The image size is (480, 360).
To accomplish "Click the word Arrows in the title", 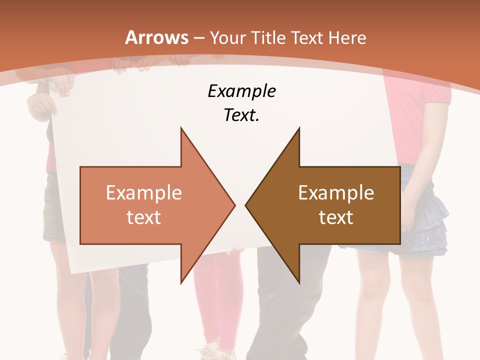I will point(157,37).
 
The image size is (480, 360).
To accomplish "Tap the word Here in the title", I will point(347,37).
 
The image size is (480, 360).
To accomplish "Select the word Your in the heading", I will point(228,37).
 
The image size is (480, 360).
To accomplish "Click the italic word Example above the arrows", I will point(241,91).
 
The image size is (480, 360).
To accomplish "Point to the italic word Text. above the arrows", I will point(241,115).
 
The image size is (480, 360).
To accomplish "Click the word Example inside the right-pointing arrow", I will point(143,193).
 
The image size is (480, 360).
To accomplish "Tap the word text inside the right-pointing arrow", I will point(143,217).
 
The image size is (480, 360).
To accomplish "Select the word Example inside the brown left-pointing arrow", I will point(336,193).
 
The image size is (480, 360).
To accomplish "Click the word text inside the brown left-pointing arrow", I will point(336,217).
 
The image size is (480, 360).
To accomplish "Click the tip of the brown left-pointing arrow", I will point(246,205).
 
